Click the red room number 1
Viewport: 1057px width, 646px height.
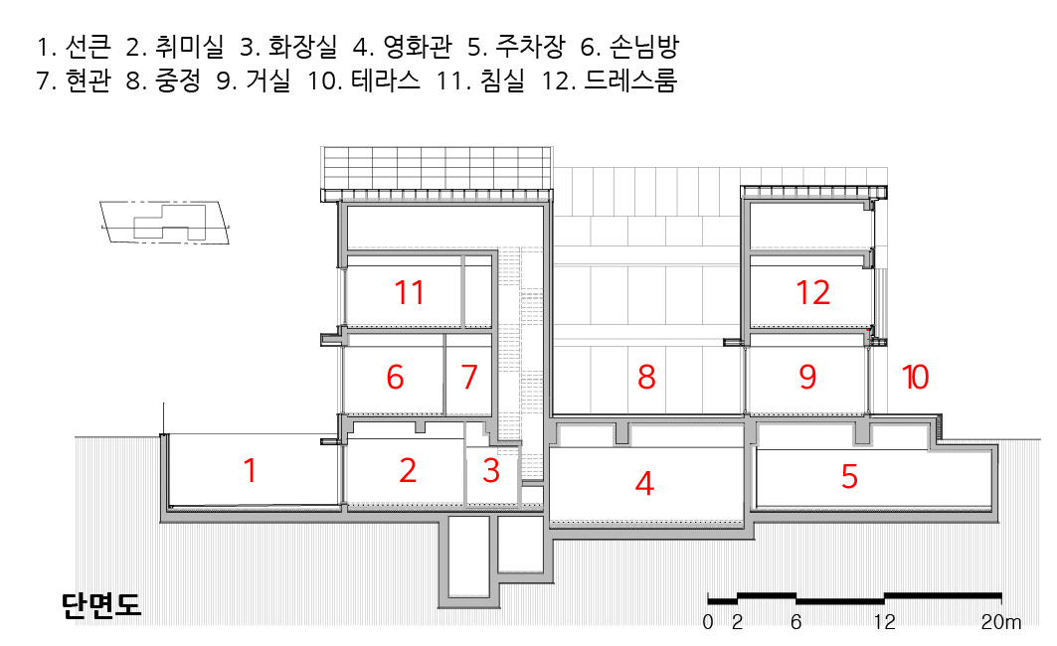tap(250, 470)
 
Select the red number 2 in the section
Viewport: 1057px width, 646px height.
tap(408, 470)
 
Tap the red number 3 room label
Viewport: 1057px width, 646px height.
tap(490, 470)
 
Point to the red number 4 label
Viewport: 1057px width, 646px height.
tap(644, 484)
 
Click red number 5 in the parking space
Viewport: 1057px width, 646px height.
tap(849, 477)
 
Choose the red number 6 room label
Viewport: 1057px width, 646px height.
tap(395, 378)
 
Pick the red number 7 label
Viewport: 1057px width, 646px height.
tap(469, 378)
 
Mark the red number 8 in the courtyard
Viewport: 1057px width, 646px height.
tap(646, 378)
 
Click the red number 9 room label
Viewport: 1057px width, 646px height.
tap(807, 378)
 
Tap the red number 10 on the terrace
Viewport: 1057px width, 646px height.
tap(915, 378)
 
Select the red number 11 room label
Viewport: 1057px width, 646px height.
tap(409, 292)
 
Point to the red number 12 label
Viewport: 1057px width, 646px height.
tap(812, 292)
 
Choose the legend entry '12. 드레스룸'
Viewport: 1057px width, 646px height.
tap(610, 81)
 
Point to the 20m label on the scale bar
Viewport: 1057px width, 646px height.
tap(1000, 623)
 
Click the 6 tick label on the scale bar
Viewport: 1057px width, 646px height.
tap(795, 623)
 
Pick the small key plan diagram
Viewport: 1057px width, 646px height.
tap(165, 221)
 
